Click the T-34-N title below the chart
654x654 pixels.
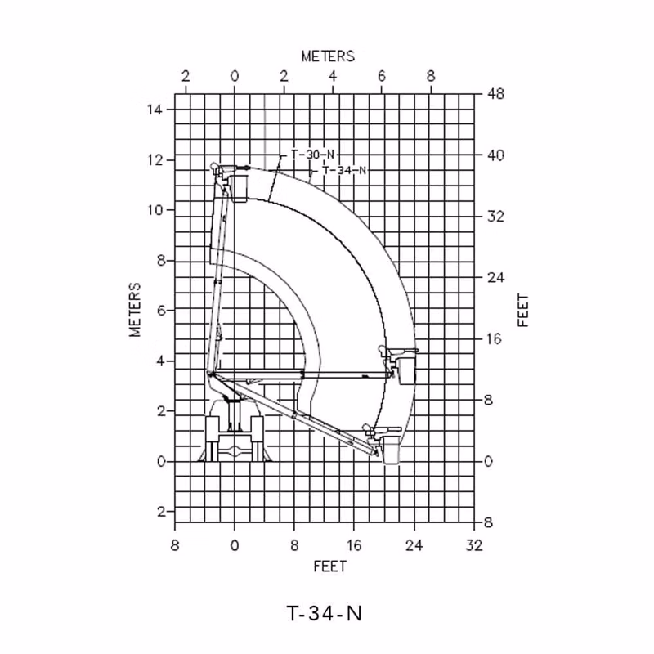pyautogui.click(x=324, y=614)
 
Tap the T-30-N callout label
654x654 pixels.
pyautogui.click(x=313, y=155)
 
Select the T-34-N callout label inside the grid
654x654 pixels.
pyautogui.click(x=345, y=170)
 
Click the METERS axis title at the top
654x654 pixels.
pyautogui.click(x=329, y=56)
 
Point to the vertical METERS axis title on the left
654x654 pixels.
pyautogui.click(x=135, y=310)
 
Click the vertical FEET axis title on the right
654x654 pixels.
pyautogui.click(x=522, y=311)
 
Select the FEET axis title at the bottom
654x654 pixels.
pyautogui.click(x=330, y=567)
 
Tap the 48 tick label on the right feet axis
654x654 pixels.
pyautogui.click(x=495, y=94)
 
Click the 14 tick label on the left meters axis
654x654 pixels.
pyautogui.click(x=154, y=110)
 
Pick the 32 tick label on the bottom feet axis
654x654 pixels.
pyautogui.click(x=474, y=545)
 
